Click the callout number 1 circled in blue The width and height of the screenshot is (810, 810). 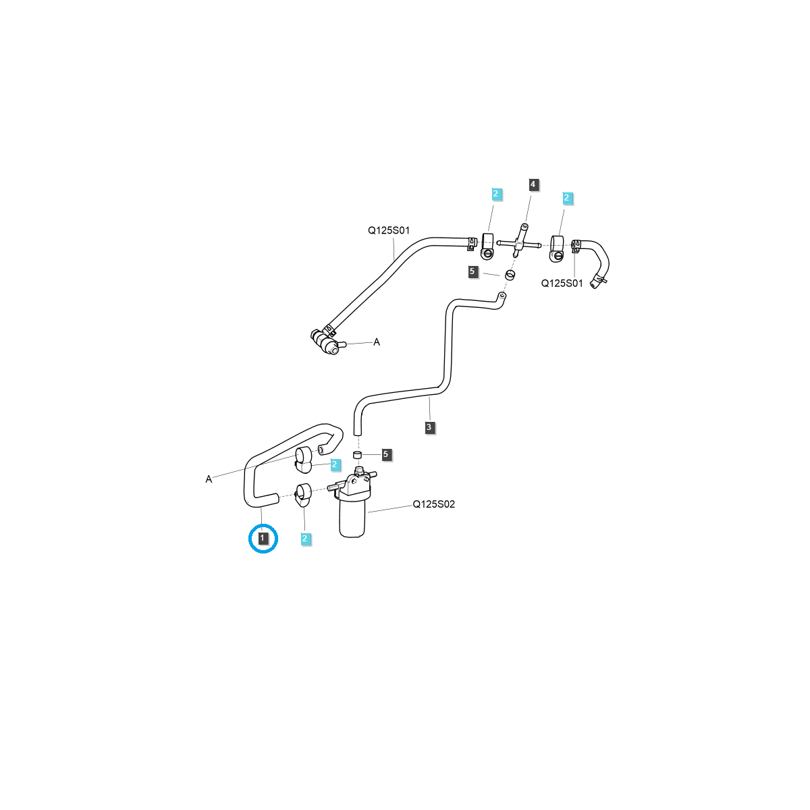pos(263,538)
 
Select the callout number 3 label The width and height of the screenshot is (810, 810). pos(429,427)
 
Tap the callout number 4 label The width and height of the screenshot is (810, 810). pos(533,184)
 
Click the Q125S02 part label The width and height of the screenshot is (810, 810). pos(434,504)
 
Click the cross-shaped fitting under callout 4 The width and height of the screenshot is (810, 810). pos(518,243)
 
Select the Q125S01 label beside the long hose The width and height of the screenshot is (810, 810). pos(388,230)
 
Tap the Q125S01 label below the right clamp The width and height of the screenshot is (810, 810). pos(562,283)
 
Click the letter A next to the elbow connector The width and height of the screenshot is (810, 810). pos(377,342)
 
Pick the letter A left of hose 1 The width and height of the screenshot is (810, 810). pos(209,479)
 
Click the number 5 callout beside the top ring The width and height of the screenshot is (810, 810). pos(473,271)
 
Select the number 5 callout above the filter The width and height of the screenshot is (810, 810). pos(385,454)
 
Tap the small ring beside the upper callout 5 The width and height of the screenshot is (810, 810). pos(510,275)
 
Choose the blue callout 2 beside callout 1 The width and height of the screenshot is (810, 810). pos(305,539)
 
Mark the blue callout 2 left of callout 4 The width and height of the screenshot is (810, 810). pos(496,194)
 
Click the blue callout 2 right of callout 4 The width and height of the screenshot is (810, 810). pos(567,198)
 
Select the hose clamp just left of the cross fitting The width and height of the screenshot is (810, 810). pos(487,246)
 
